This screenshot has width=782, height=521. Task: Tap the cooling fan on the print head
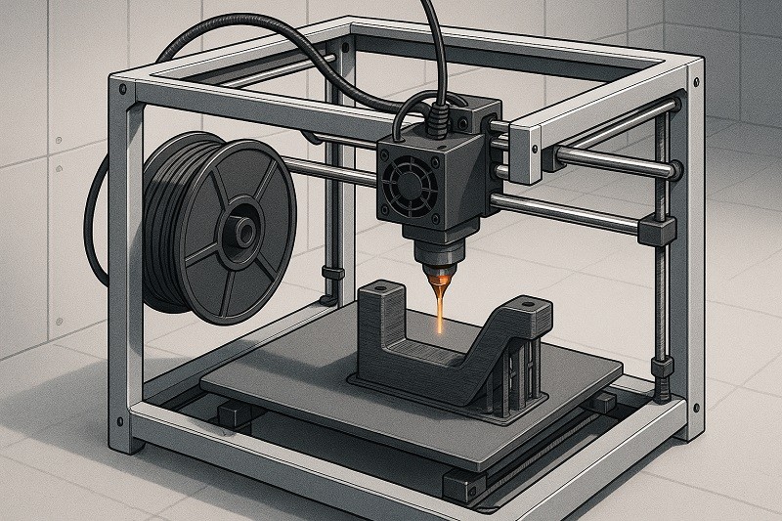tap(404, 178)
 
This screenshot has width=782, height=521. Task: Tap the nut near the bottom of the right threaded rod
tap(664, 370)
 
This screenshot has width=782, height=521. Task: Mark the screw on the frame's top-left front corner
tap(120, 90)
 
